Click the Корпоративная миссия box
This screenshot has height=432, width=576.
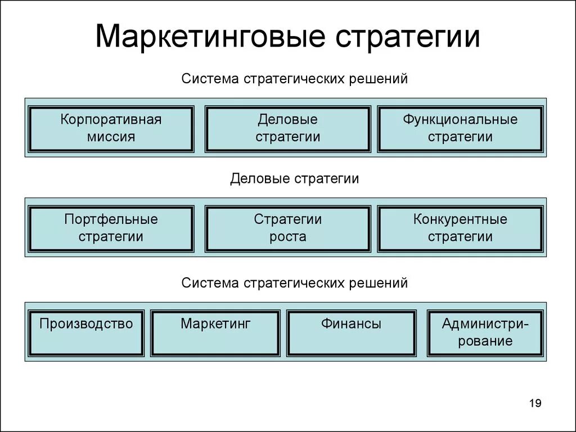click(x=111, y=129)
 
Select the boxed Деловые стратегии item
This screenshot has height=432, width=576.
click(x=287, y=129)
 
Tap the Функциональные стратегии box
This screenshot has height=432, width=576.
click(x=460, y=129)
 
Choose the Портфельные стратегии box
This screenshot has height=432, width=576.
click(x=111, y=228)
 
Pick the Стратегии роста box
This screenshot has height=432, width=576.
click(x=287, y=228)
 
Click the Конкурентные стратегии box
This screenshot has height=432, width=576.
click(x=460, y=228)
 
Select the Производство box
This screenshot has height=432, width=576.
click(x=86, y=332)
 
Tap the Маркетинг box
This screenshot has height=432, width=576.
click(x=215, y=332)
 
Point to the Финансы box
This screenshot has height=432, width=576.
click(x=351, y=332)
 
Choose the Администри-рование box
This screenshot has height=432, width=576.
click(x=485, y=332)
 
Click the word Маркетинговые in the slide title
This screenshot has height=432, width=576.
click(x=210, y=38)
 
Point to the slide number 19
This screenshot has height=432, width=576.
click(x=535, y=403)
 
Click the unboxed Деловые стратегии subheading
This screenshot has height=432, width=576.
click(x=294, y=179)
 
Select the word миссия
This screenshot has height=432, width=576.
click(x=111, y=137)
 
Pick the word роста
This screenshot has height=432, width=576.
click(x=287, y=237)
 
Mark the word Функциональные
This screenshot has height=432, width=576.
click(x=460, y=120)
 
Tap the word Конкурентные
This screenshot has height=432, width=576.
click(x=460, y=219)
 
